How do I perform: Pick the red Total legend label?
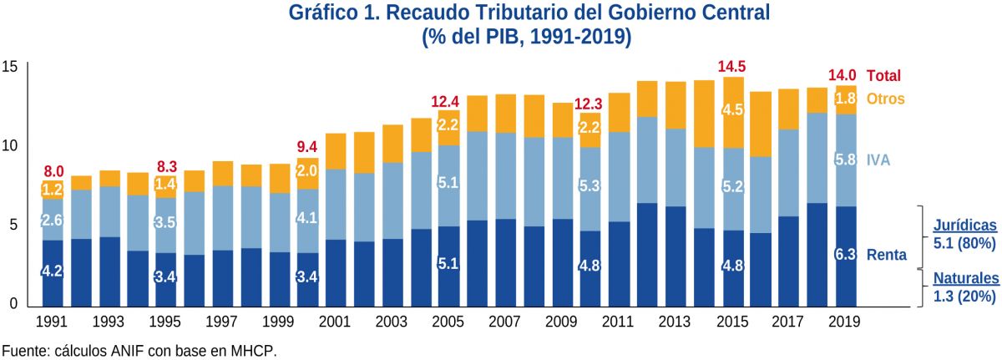884,75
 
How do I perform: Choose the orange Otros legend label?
885,99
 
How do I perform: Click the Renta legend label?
887,255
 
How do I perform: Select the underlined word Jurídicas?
964,226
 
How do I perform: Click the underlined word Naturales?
965,278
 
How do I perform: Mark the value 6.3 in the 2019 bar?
846,255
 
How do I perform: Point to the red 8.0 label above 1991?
53,172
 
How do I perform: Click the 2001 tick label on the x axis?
334,322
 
